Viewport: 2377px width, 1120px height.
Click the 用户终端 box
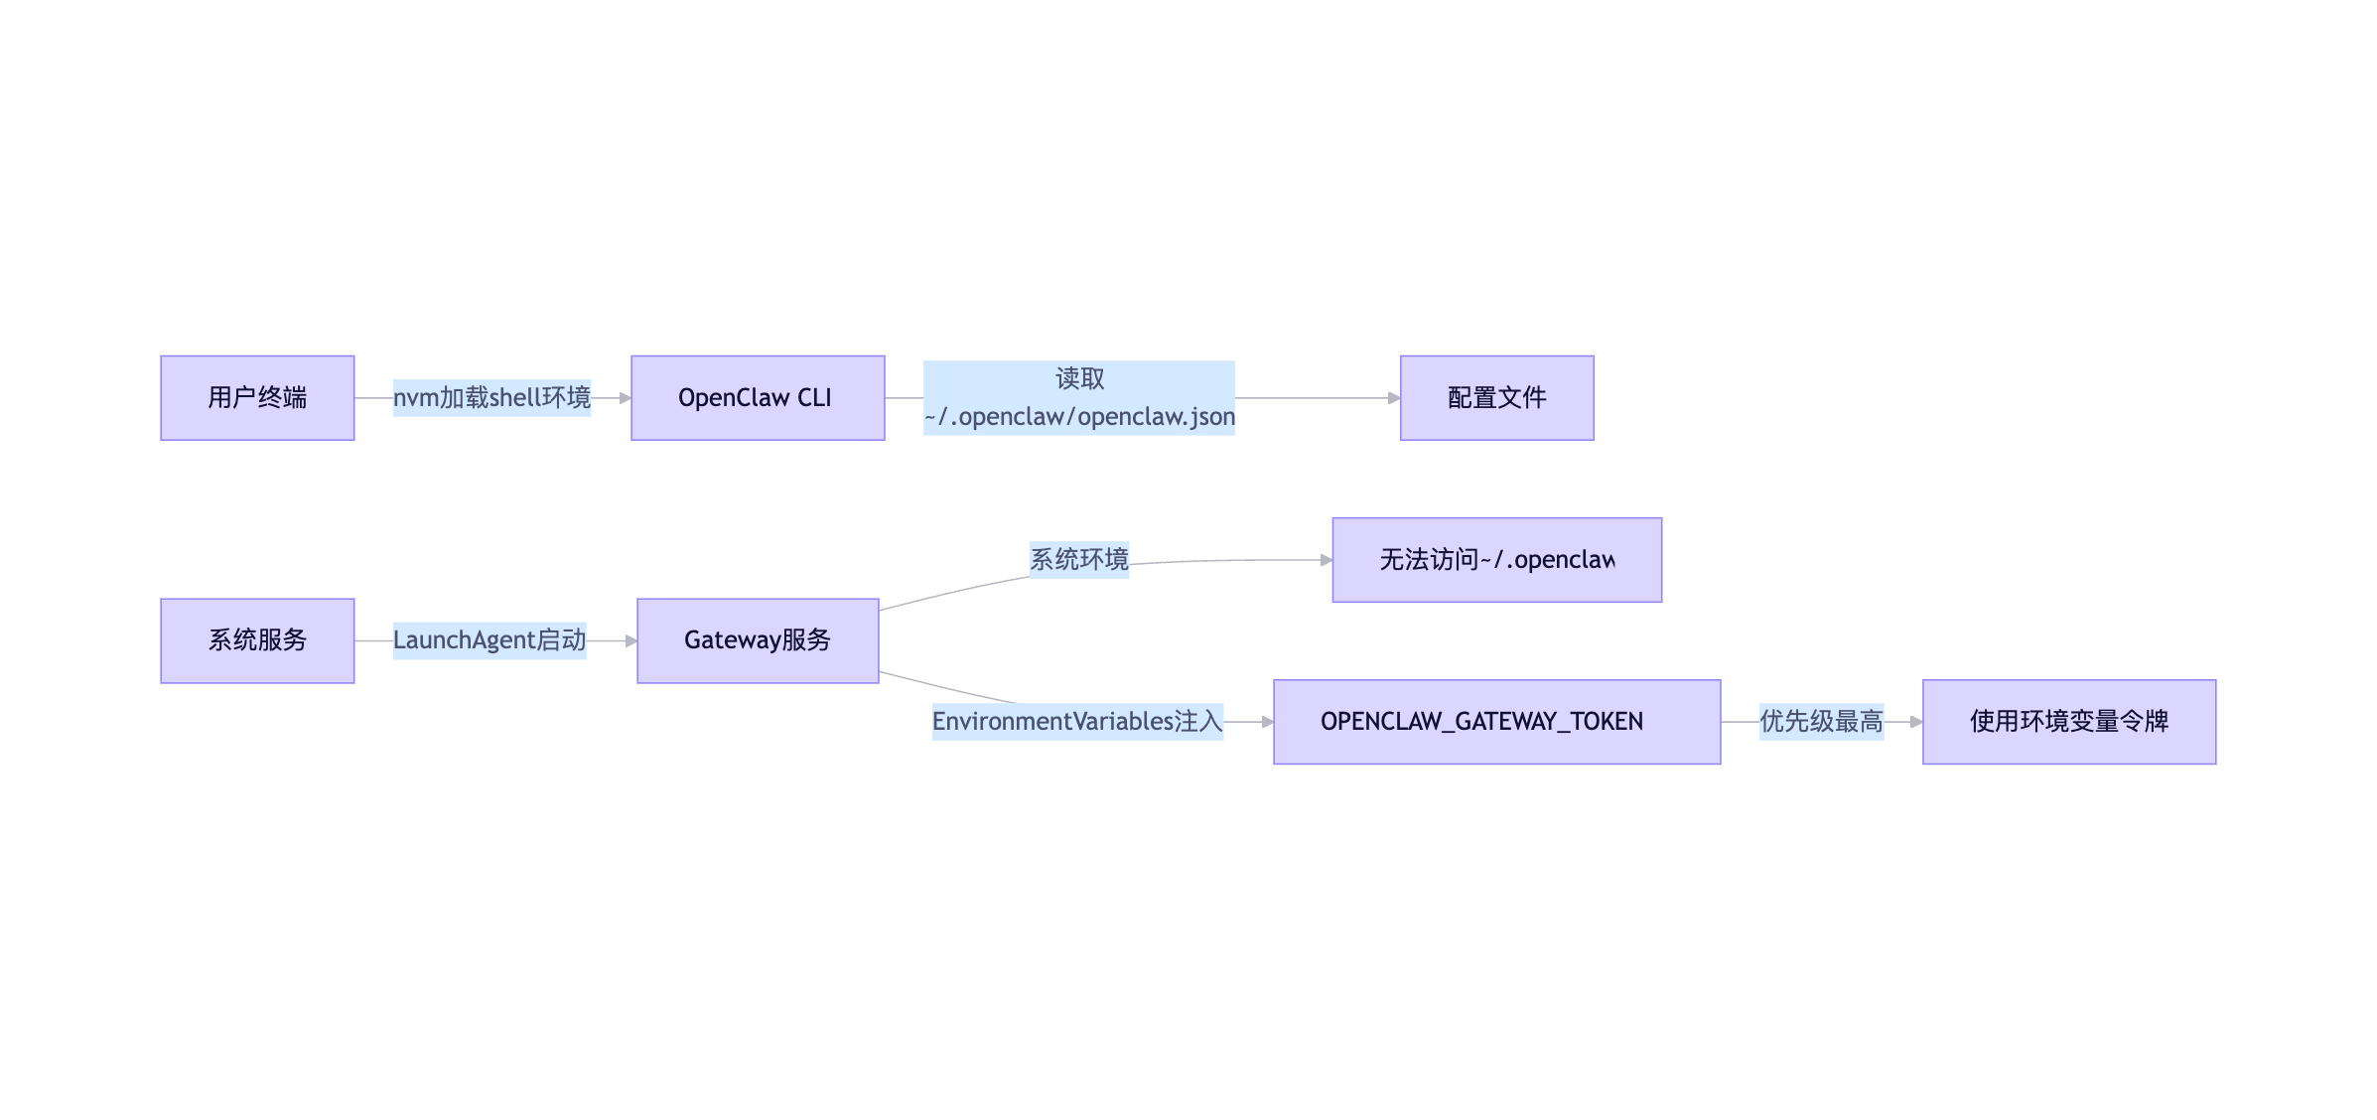257,398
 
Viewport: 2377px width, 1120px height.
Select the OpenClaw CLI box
758,398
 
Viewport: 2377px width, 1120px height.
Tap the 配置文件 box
1496,398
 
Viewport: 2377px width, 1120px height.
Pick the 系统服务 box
257,640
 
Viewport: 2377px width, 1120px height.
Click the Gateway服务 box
758,640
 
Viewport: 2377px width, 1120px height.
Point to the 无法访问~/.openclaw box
1496,560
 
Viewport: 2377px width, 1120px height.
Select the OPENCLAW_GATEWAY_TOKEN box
1496,722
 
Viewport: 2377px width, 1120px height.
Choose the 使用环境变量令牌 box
2068,722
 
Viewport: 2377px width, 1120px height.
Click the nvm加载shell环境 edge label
491,398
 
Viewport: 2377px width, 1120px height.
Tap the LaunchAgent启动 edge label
489,640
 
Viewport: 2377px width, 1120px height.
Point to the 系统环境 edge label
1078,560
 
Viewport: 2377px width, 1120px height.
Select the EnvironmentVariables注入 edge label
1077,722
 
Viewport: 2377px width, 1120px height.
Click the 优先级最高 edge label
1821,722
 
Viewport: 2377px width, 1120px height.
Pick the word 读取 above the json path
1079,379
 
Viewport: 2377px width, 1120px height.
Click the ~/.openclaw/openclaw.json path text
1079,417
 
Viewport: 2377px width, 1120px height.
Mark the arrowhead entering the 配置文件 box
1394,398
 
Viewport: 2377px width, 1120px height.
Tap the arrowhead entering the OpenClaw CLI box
626,398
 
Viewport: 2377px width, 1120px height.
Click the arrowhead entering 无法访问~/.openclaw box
1327,560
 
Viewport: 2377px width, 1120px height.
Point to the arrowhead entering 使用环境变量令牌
1916,722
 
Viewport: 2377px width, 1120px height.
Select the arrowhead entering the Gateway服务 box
631,640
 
